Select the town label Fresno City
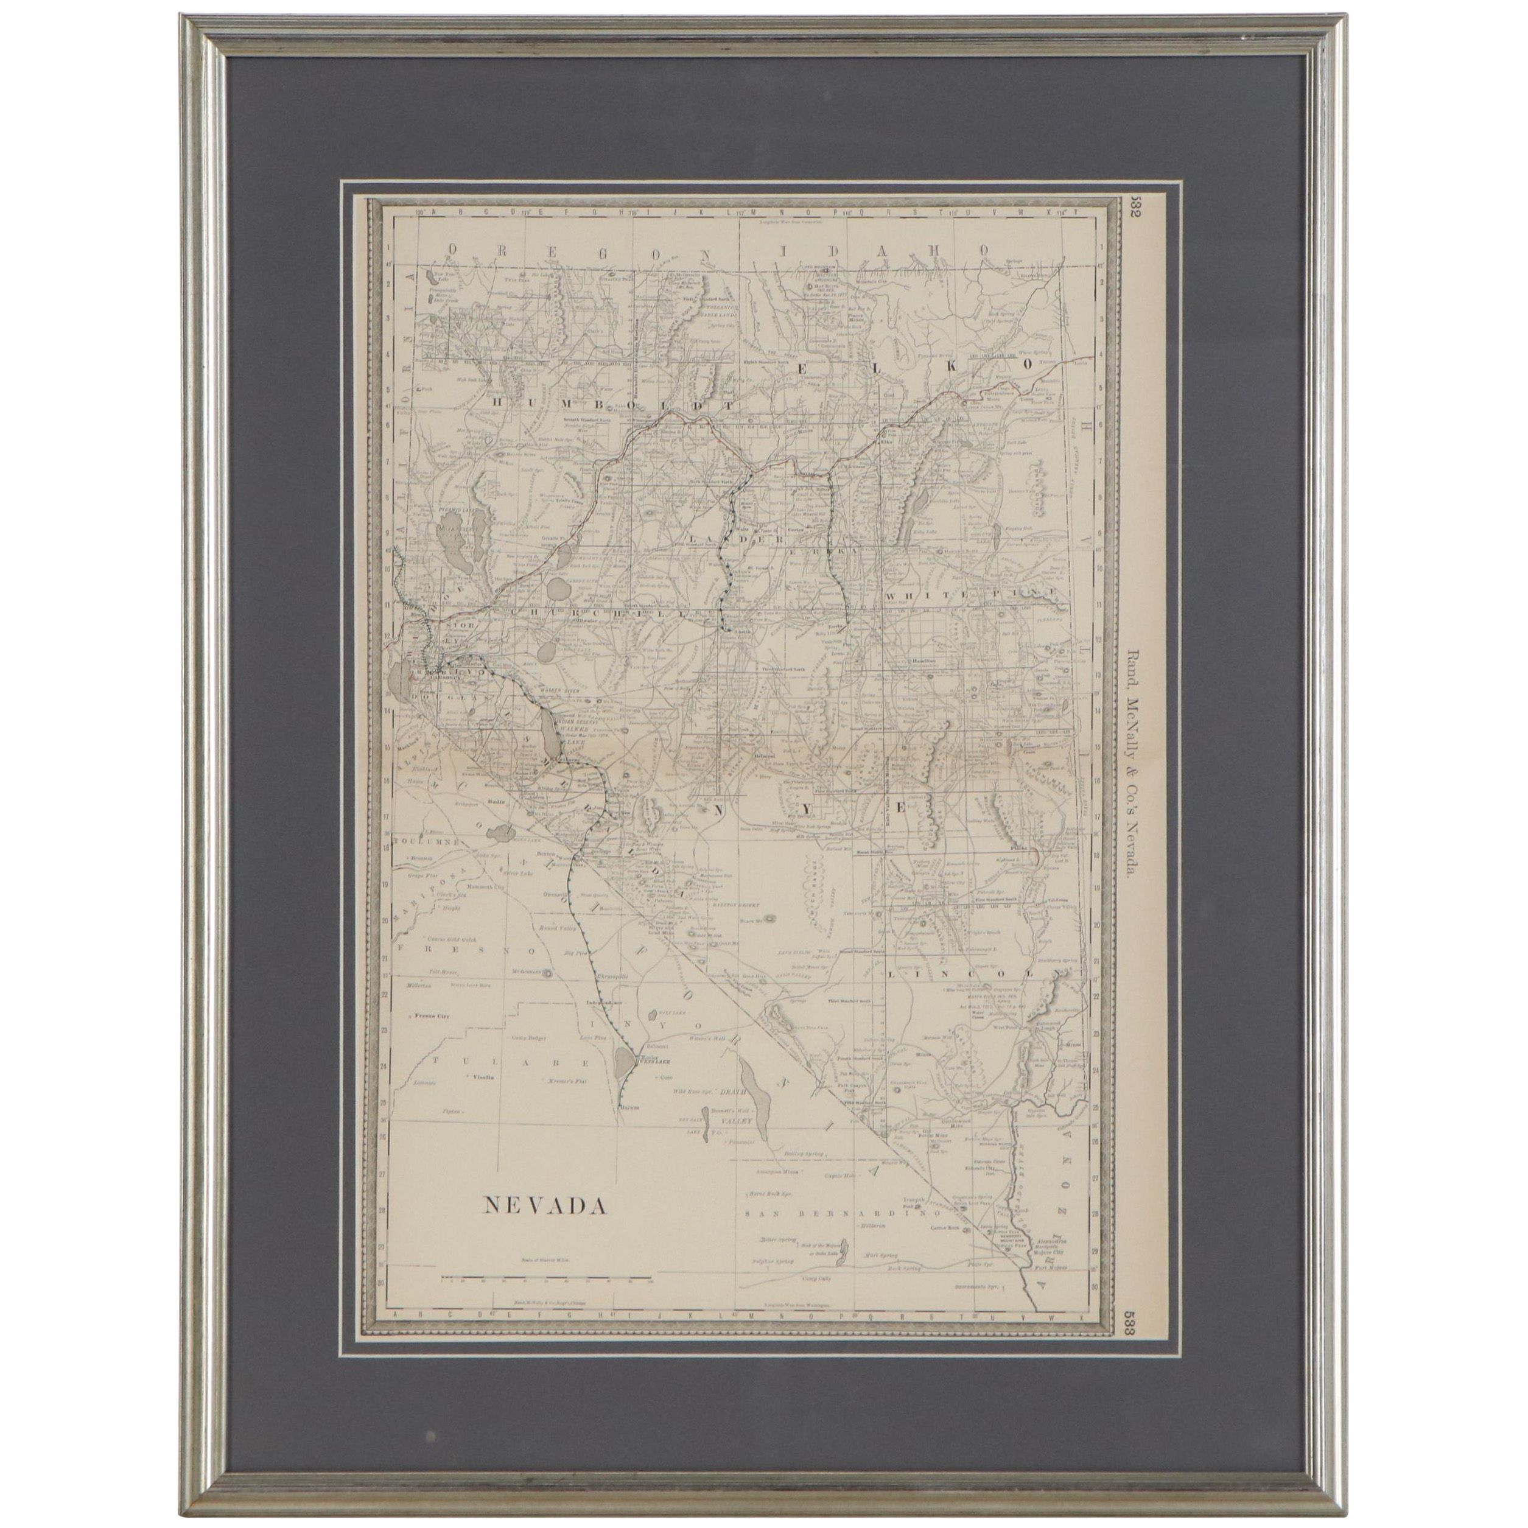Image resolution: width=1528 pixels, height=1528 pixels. pyautogui.click(x=431, y=1015)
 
